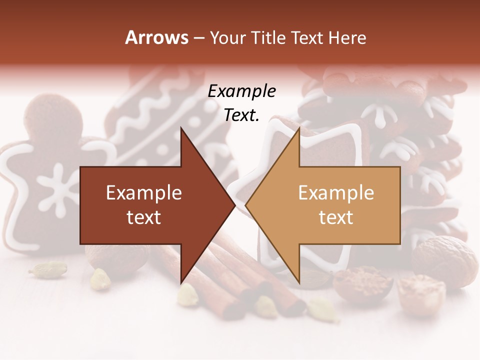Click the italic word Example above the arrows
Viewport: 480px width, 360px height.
pos(241,91)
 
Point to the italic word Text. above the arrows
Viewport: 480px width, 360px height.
pos(241,115)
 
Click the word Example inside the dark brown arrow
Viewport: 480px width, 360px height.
pos(144,193)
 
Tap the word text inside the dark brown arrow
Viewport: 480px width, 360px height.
pos(144,217)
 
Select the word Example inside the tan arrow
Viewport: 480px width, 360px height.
pos(336,193)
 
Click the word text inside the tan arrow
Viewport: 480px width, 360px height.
pos(336,217)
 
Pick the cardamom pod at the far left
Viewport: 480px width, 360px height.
pos(47,270)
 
